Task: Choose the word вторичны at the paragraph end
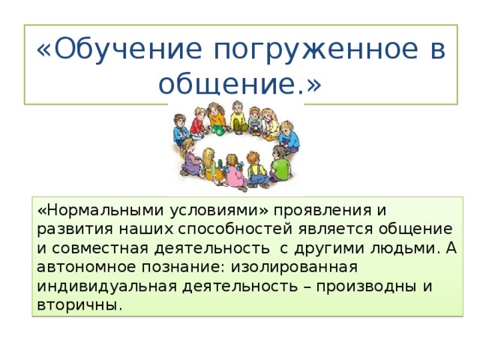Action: [74, 305]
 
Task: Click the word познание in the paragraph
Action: [190, 266]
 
